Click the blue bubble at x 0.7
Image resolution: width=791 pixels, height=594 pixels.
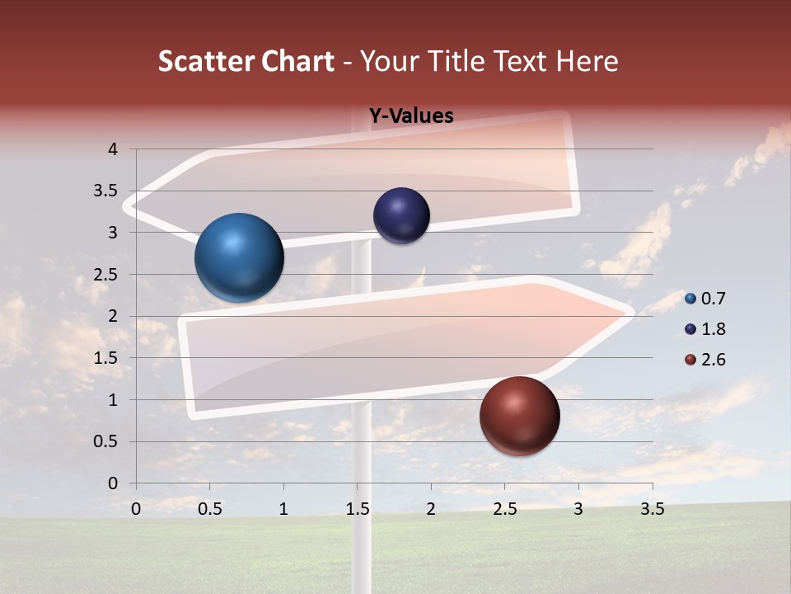(239, 257)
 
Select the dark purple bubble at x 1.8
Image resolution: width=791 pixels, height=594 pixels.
(401, 216)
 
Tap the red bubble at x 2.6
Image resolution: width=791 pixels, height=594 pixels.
(519, 416)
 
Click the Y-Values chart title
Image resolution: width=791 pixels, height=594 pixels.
(410, 116)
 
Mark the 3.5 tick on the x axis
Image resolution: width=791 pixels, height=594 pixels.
(652, 509)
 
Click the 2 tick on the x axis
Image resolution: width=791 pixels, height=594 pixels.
(431, 509)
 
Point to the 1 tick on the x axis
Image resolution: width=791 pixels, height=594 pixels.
(283, 509)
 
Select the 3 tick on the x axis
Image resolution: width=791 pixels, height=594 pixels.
(578, 509)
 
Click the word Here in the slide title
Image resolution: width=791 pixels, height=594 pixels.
(587, 61)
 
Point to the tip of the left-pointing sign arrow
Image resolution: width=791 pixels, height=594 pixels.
(126, 205)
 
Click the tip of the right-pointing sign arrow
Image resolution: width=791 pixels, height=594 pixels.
(632, 313)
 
